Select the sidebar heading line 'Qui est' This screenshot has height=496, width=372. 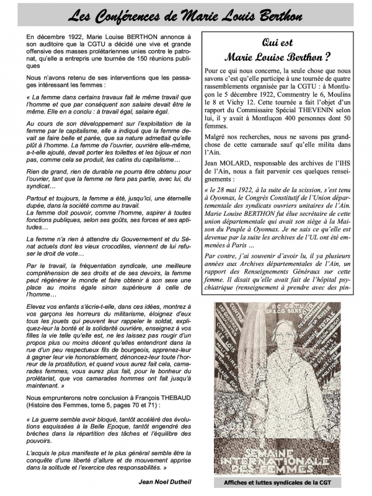pos(279,43)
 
